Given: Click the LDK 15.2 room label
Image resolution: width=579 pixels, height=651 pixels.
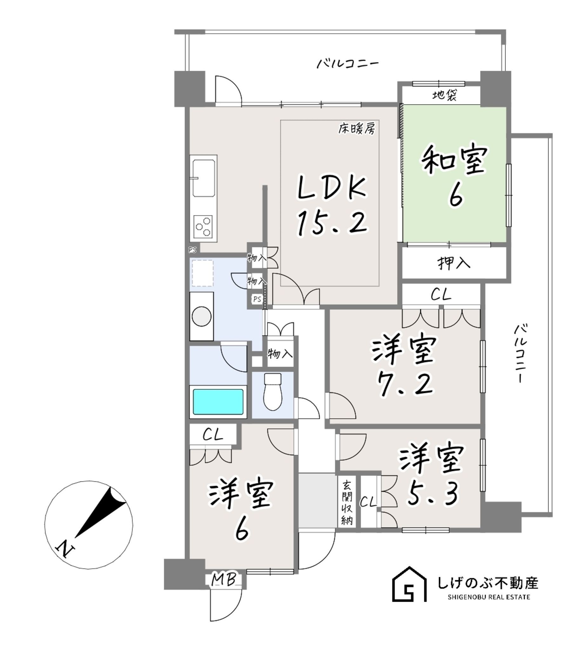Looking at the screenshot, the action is tap(332, 207).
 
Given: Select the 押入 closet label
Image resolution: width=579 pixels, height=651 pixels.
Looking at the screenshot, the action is tap(454, 263).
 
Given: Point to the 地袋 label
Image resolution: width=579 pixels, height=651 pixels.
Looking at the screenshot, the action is tap(444, 95).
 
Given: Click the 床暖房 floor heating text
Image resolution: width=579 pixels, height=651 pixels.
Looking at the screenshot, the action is tap(356, 129).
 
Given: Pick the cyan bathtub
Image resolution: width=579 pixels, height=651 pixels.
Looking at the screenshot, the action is tap(218, 401).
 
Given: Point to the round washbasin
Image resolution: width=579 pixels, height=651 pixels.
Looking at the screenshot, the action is tap(202, 316).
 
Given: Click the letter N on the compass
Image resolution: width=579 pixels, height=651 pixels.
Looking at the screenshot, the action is tap(65, 548).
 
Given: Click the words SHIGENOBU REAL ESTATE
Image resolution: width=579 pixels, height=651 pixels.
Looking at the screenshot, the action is tap(488, 597).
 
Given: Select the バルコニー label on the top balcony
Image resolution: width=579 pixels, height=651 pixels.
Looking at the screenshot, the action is tap(348, 63).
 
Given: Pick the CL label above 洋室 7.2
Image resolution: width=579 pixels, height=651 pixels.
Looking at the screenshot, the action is tap(441, 295).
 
